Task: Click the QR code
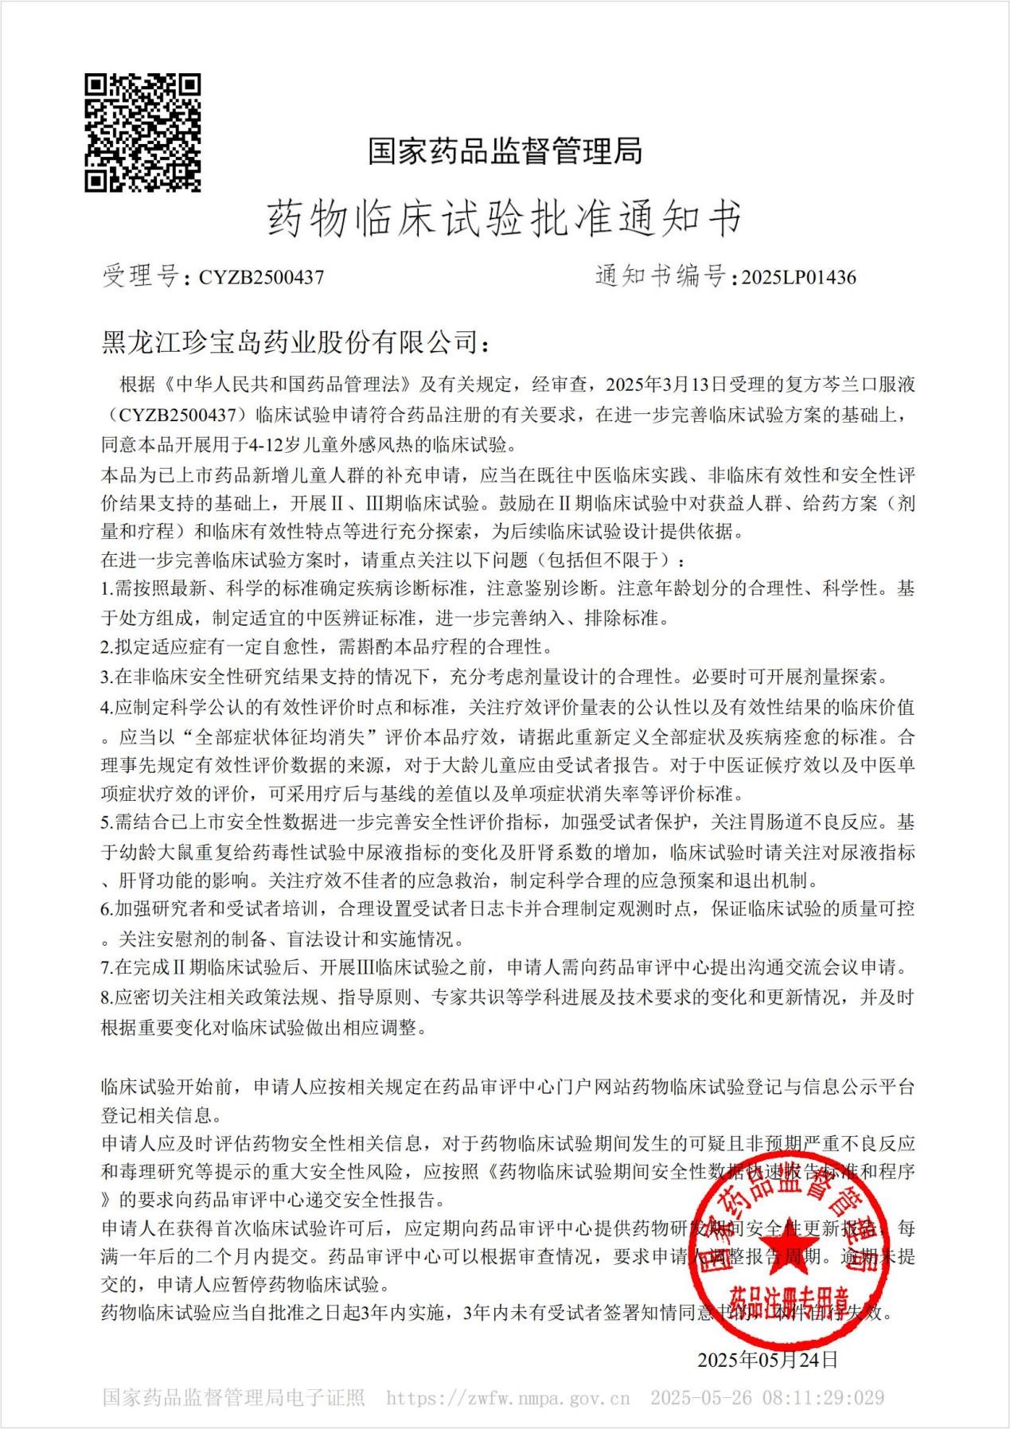[x=142, y=133]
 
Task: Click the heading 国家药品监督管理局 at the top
[x=505, y=150]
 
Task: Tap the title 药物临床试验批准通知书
[x=505, y=219]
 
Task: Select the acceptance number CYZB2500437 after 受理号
[x=261, y=277]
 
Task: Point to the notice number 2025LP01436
[x=798, y=277]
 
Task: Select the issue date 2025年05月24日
[x=767, y=1359]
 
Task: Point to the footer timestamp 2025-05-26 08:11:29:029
[x=766, y=1398]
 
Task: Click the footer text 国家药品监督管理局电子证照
[x=233, y=1398]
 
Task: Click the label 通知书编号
[x=660, y=276]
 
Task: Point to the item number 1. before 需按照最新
[x=107, y=589]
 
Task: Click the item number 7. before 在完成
[x=107, y=968]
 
